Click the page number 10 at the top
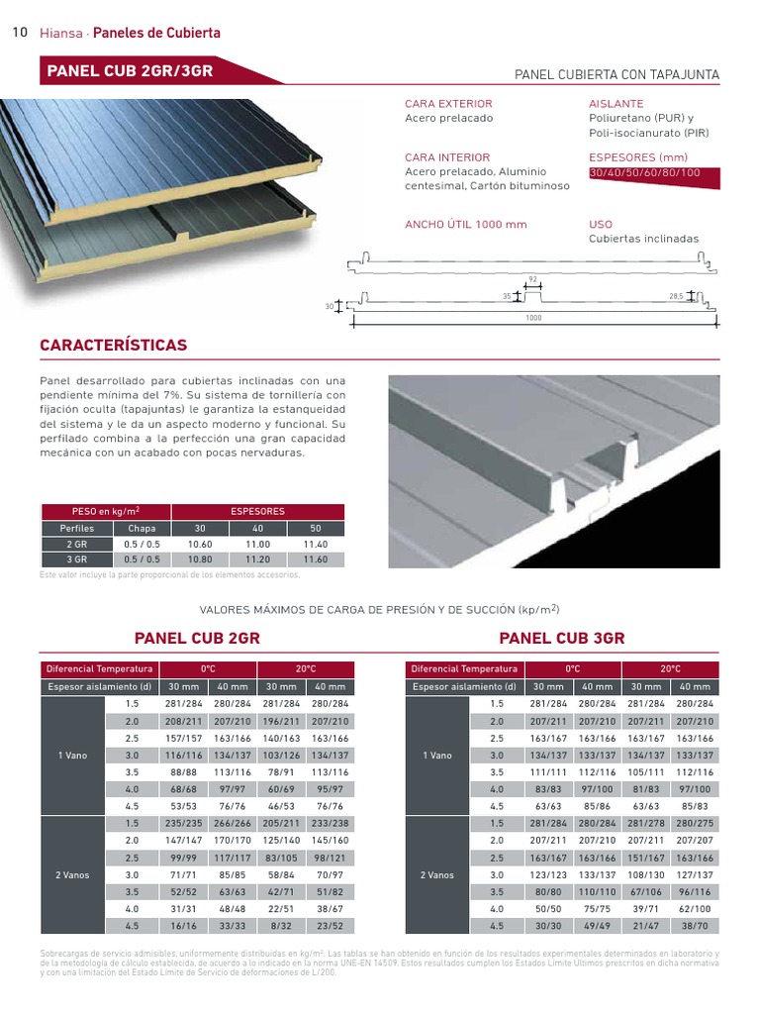[x=19, y=33]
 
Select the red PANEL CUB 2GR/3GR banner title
[x=129, y=71]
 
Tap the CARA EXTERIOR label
[x=448, y=104]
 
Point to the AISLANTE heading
[x=616, y=104]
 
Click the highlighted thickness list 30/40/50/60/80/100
[x=644, y=173]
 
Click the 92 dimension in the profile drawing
[x=531, y=279]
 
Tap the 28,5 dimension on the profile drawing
[x=677, y=296]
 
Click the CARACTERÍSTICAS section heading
[x=113, y=346]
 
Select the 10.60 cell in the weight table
[x=201, y=545]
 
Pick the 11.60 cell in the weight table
[x=316, y=559]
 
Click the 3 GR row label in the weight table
[x=76, y=559]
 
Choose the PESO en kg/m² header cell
[x=105, y=512]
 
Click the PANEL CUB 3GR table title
[x=562, y=639]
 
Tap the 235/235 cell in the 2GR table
[x=183, y=824]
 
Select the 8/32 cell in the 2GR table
[x=281, y=927]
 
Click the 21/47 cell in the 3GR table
[x=646, y=927]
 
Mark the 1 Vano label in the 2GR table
[x=73, y=756]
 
